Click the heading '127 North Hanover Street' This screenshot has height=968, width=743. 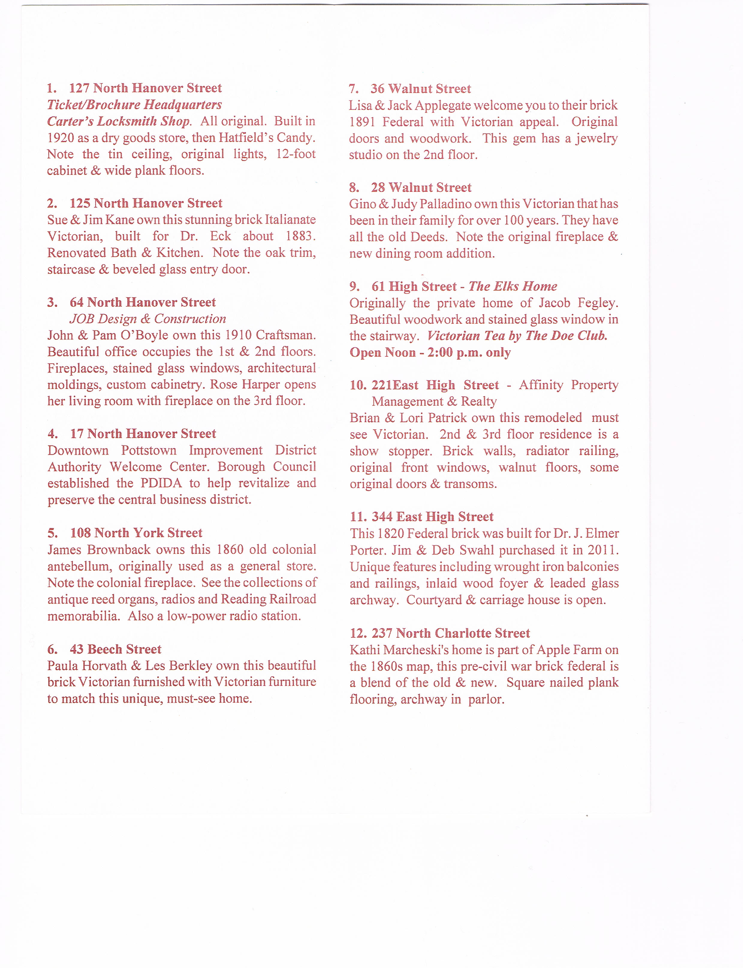pyautogui.click(x=145, y=88)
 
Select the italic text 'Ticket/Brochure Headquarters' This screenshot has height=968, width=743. pyautogui.click(x=135, y=105)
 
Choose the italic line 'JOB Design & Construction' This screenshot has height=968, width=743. pyautogui.click(x=148, y=319)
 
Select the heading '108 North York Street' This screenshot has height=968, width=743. pyautogui.click(x=136, y=533)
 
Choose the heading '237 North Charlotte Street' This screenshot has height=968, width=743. pyautogui.click(x=450, y=633)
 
